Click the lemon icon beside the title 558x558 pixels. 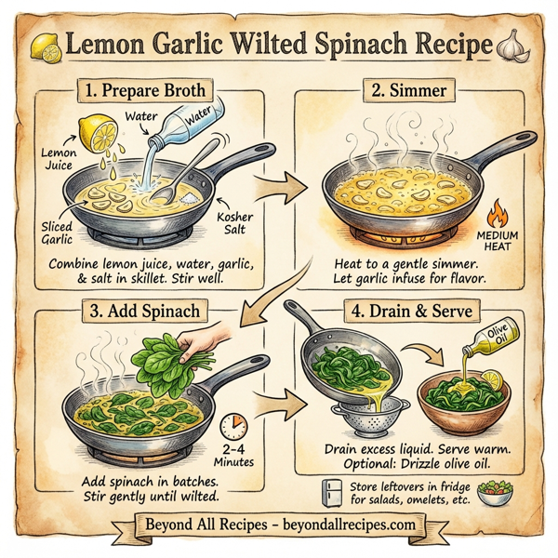click(x=45, y=45)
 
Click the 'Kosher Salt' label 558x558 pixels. click(x=239, y=221)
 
